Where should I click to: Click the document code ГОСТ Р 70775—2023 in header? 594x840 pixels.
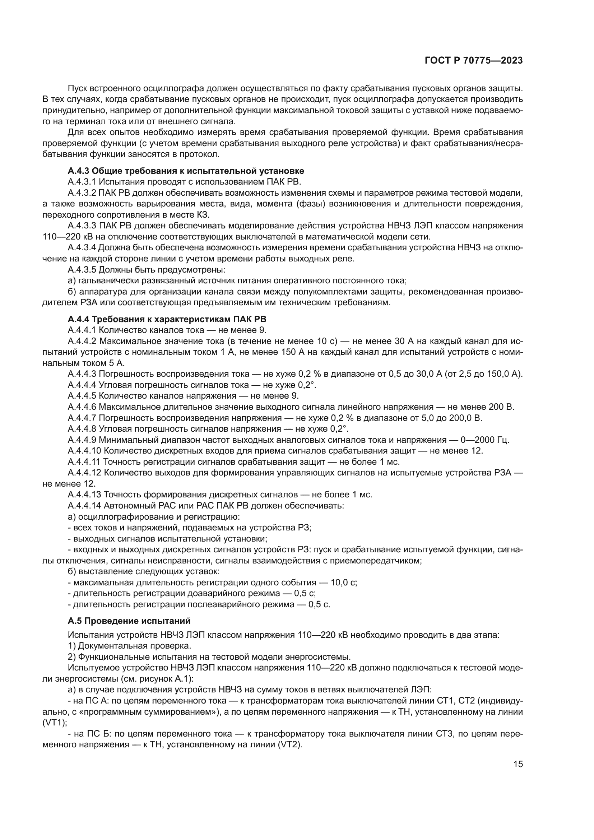474,61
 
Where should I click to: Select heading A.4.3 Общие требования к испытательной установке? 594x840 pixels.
186,171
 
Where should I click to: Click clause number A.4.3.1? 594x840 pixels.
82,182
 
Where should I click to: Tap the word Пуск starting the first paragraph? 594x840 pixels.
78,88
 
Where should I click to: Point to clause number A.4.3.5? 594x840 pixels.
82,270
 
